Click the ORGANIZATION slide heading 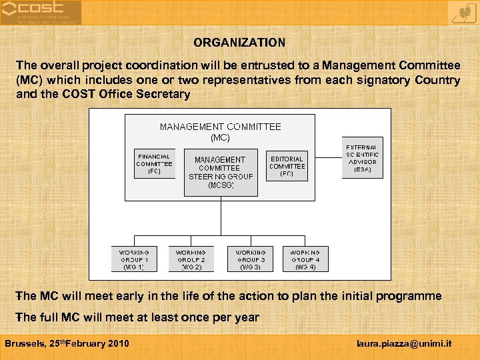(239, 43)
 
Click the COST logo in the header (41, 12)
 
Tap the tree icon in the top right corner (459, 12)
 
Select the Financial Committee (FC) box (154, 164)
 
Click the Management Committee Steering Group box (221, 172)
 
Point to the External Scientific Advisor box (362, 158)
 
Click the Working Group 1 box (134, 259)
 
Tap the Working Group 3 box (250, 259)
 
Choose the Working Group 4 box (305, 259)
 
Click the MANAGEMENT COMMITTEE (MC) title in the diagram (220, 132)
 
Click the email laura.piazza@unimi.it (404, 344)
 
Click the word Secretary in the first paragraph (166, 94)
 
